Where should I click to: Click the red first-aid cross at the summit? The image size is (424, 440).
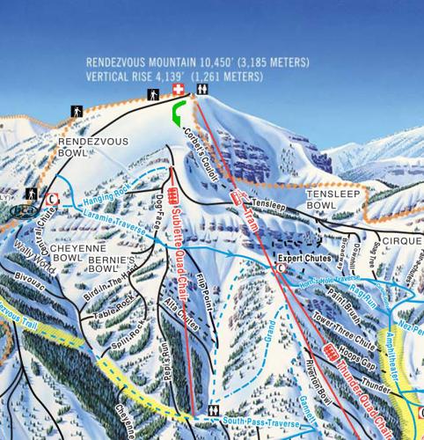(x=179, y=91)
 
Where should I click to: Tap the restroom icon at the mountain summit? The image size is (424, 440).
(x=202, y=90)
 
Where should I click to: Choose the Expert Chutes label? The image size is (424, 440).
(x=304, y=258)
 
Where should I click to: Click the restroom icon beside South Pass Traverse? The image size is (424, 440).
(x=214, y=411)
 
